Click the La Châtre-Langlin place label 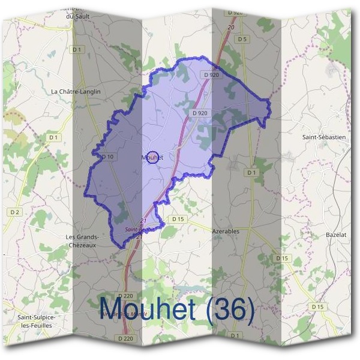76,91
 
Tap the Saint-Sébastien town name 324,137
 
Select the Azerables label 226,230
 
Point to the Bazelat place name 336,234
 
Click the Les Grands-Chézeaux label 82,241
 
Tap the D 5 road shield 242,39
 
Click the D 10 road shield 107,157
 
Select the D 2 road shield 15,212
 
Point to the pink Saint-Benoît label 140,230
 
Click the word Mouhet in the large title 146,310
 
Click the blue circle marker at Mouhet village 152,157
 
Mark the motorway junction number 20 231,28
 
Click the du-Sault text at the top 78,17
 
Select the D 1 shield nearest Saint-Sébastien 251,173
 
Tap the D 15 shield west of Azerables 178,219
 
